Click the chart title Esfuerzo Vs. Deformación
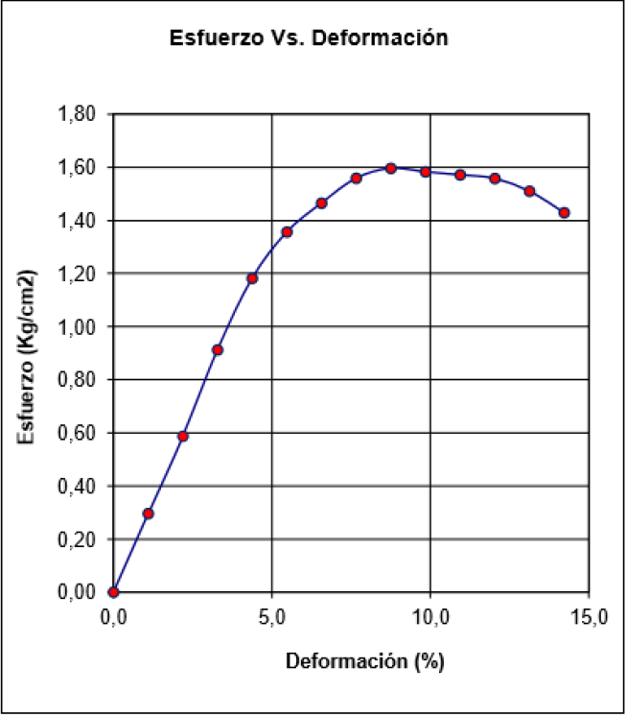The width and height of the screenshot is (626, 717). click(308, 39)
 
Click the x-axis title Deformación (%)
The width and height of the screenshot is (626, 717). click(351, 661)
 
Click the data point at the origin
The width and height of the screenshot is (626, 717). click(114, 592)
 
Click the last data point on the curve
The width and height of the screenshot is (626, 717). click(565, 213)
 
